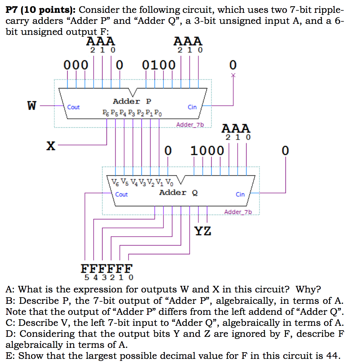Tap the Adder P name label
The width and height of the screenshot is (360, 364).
click(x=132, y=101)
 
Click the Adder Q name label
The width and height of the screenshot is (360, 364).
click(x=178, y=193)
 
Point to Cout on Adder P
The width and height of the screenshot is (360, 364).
click(x=73, y=107)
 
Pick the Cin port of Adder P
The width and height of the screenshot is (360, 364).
click(x=192, y=107)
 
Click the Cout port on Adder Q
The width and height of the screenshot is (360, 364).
click(x=122, y=194)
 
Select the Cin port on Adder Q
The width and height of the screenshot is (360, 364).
click(x=240, y=194)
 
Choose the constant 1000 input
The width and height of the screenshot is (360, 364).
click(x=207, y=150)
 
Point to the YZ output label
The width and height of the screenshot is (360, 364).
click(x=203, y=231)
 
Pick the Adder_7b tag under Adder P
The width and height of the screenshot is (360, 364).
click(x=190, y=125)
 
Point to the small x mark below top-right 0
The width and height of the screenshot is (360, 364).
click(x=233, y=76)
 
